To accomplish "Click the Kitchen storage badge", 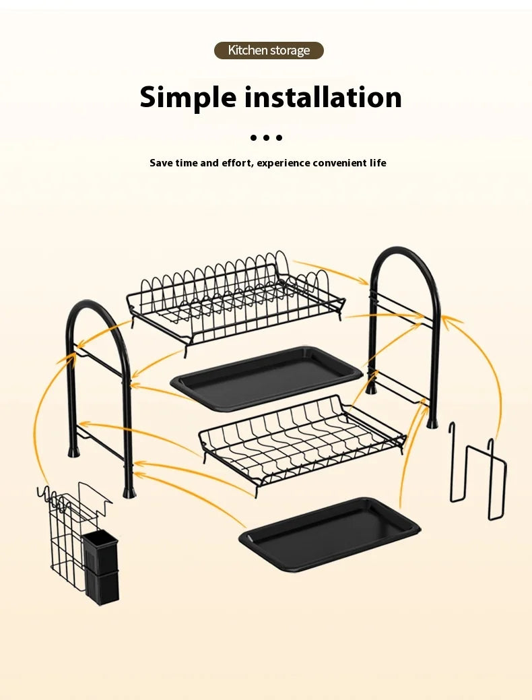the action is click(269, 51).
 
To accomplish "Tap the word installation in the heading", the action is click(323, 97).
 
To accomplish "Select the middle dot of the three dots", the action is click(267, 137).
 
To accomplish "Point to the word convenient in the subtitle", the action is click(339, 163).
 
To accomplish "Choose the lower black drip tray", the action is click(329, 534).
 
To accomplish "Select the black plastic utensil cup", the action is click(102, 567).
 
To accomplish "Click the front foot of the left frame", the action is click(129, 492).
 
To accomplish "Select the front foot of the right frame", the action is click(432, 422).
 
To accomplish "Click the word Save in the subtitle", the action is click(161, 163).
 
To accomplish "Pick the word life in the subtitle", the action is click(378, 163).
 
